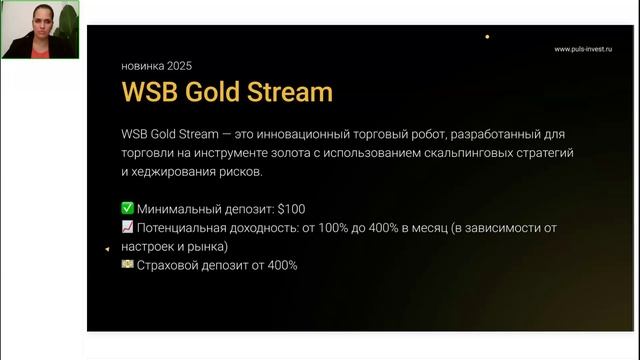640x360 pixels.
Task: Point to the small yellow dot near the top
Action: click(x=487, y=37)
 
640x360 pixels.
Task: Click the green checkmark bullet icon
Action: click(x=127, y=209)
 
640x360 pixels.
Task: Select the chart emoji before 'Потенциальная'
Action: click(x=127, y=228)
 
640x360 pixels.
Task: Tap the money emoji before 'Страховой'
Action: click(x=127, y=265)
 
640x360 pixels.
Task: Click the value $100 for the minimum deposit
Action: click(x=289, y=209)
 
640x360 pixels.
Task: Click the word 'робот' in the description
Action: click(x=441, y=134)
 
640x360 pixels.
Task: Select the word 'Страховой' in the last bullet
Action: click(x=172, y=265)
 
